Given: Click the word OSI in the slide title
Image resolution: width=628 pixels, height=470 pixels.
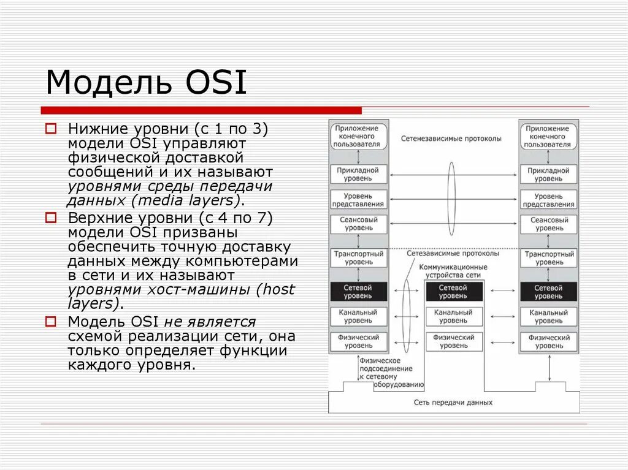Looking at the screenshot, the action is pyautogui.click(x=214, y=83).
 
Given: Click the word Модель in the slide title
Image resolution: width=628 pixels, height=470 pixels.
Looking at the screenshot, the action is pyautogui.click(x=105, y=83).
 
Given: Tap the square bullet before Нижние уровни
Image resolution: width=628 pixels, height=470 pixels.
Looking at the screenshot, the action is pyautogui.click(x=52, y=129).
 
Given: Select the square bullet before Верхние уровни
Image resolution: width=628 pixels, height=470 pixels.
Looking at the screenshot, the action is pyautogui.click(x=52, y=218).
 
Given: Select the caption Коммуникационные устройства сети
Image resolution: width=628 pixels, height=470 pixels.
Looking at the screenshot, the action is pyautogui.click(x=453, y=271).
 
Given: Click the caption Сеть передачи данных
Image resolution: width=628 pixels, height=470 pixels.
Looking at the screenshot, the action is pyautogui.click(x=453, y=403).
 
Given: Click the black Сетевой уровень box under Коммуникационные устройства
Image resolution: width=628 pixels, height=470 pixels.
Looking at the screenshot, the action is pyautogui.click(x=453, y=292).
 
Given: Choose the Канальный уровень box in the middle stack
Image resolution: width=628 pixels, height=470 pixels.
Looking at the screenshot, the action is pyautogui.click(x=453, y=316).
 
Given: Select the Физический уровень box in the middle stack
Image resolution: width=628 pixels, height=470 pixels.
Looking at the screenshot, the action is pyautogui.click(x=453, y=341).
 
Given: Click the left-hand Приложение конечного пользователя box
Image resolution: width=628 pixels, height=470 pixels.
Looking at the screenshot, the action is pyautogui.click(x=359, y=136).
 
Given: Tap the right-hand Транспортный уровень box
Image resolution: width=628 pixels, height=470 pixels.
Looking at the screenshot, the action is pyautogui.click(x=548, y=257).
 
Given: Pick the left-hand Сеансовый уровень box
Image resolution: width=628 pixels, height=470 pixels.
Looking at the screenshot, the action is pyautogui.click(x=359, y=224).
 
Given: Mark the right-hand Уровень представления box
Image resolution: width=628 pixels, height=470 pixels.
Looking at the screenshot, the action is pyautogui.click(x=548, y=199).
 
